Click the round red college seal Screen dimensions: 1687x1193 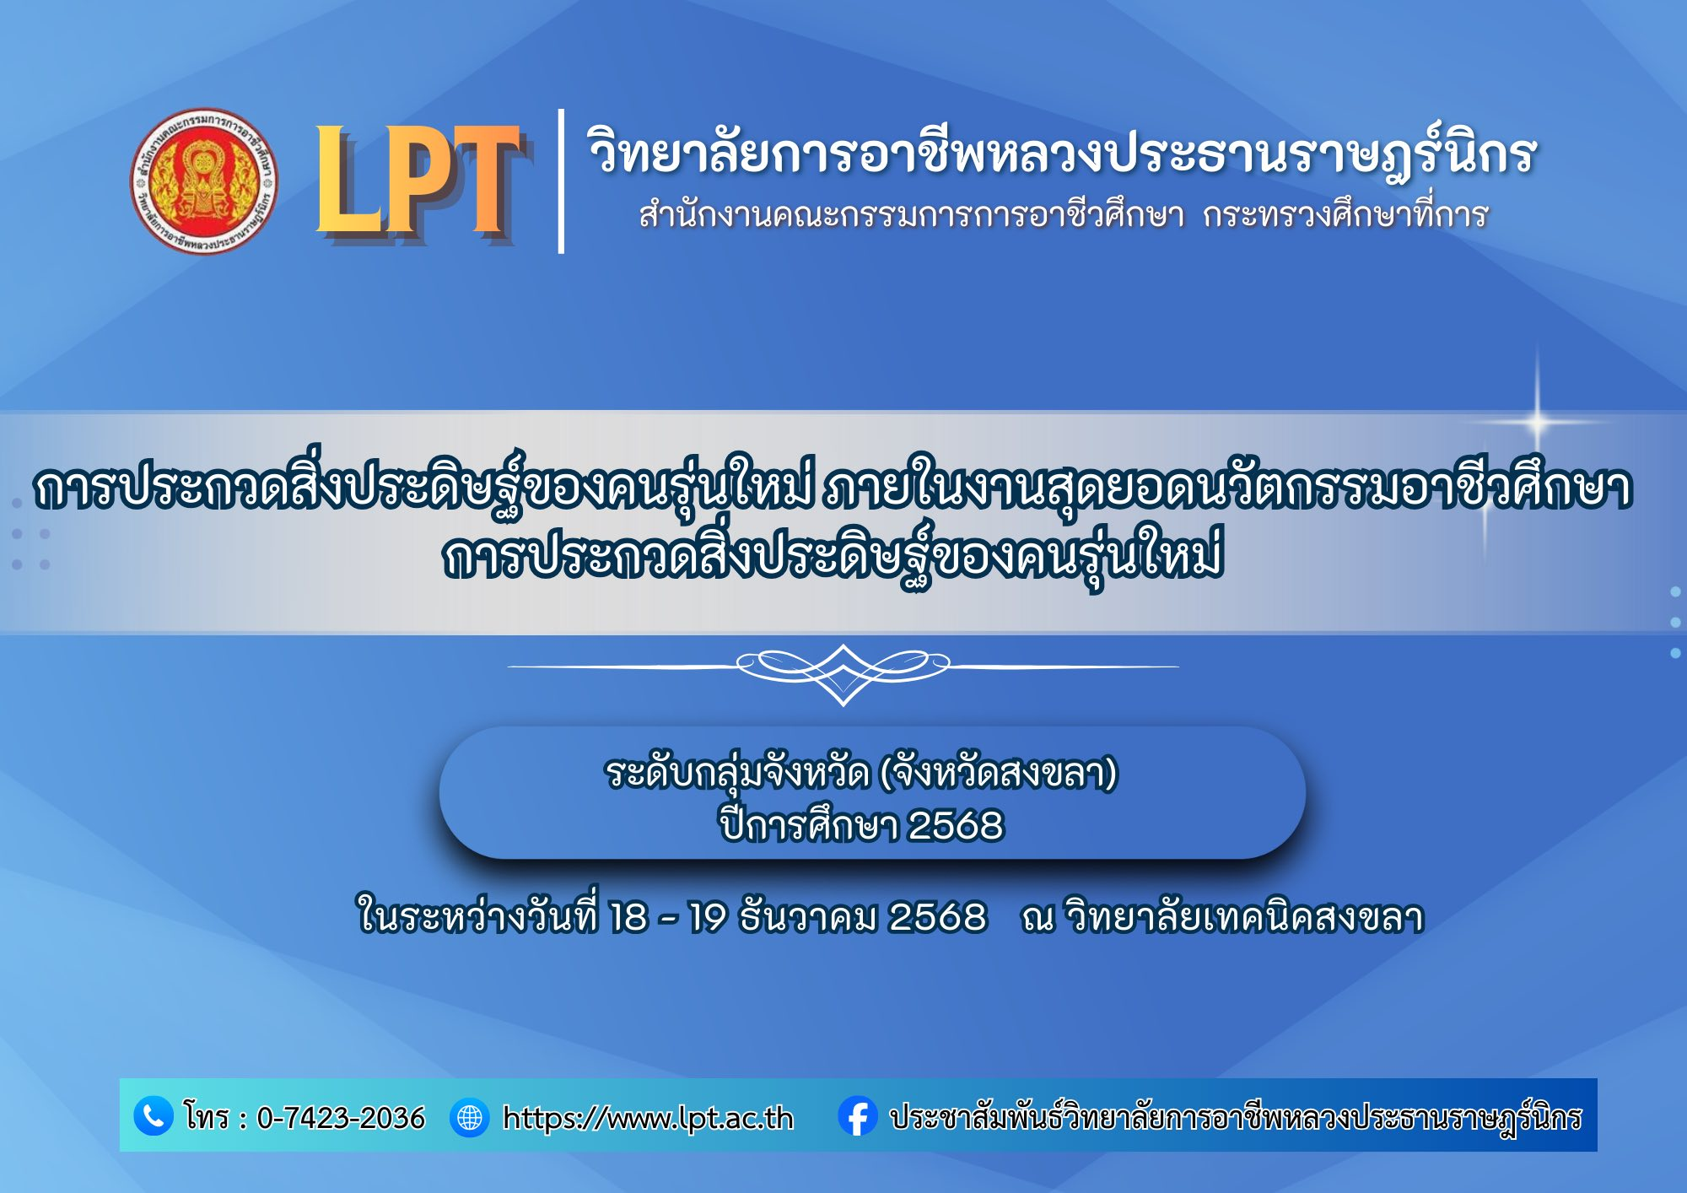point(204,181)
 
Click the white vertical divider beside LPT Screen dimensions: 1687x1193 point(561,181)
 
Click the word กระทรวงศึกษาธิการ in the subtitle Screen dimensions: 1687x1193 point(1345,214)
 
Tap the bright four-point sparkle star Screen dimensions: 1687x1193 point(1537,420)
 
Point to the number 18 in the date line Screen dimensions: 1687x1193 point(628,917)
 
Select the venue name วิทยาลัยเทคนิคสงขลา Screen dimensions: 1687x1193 point(1244,916)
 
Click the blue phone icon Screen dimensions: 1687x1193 point(154,1115)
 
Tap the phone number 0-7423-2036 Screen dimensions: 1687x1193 point(341,1117)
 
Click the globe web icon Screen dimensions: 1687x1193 point(470,1117)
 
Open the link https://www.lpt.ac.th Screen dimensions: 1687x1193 point(648,1118)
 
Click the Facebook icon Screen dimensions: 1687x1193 point(858,1116)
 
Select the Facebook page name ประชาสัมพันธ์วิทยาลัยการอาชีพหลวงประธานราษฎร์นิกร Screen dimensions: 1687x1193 point(1236,1117)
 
